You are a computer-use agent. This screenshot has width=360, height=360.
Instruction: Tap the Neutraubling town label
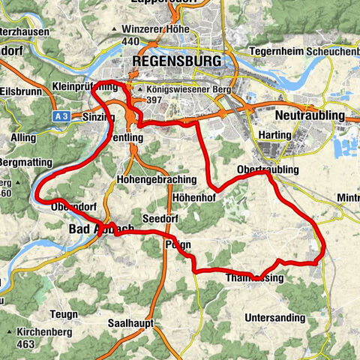tap(310, 115)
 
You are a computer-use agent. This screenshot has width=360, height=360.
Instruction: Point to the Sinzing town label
tap(97, 118)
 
